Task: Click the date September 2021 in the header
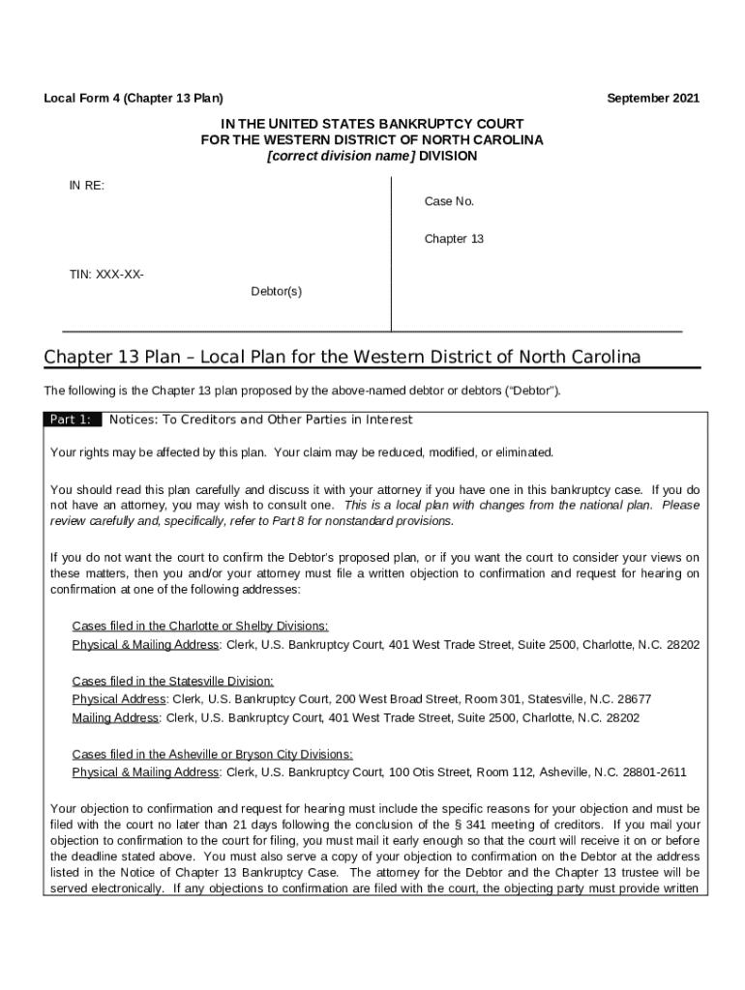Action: [x=652, y=99]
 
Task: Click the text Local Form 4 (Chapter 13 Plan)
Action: [x=134, y=99]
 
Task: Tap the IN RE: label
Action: [x=86, y=186]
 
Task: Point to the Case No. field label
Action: [x=449, y=202]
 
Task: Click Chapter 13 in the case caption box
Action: [x=453, y=239]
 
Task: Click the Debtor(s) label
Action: [x=276, y=291]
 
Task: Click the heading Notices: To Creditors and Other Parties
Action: [x=261, y=420]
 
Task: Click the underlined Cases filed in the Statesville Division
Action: [x=173, y=682]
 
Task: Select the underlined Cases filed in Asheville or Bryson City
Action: [x=212, y=754]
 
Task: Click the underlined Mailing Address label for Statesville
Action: [x=116, y=718]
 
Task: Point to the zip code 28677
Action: [x=633, y=699]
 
